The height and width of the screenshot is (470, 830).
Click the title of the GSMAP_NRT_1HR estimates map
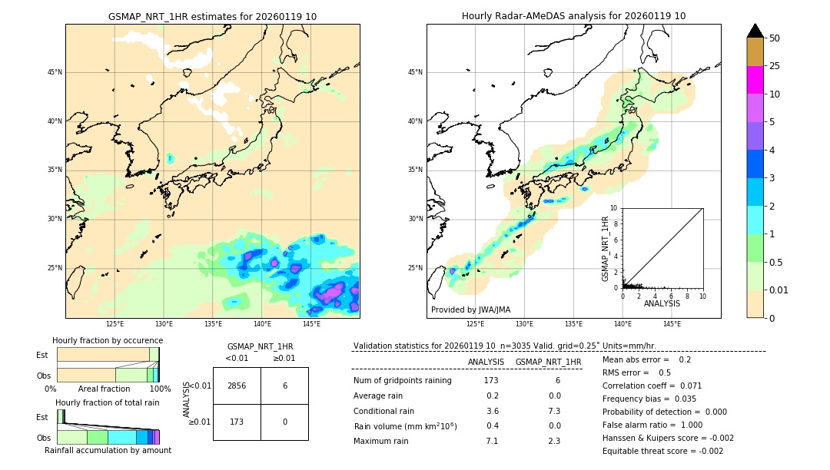click(x=212, y=16)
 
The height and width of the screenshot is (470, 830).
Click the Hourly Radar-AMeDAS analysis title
click(x=573, y=16)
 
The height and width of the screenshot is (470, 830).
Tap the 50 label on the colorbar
click(x=775, y=38)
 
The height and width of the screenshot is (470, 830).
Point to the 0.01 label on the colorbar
click(x=779, y=290)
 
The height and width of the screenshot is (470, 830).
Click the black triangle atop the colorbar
click(x=755, y=31)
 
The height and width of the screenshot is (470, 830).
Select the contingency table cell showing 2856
click(x=237, y=386)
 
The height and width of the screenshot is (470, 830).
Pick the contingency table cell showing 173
click(x=237, y=422)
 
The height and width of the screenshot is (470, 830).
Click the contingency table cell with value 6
click(x=284, y=386)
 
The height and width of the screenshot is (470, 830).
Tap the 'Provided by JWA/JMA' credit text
click(x=470, y=309)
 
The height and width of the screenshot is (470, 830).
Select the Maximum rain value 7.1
click(x=492, y=441)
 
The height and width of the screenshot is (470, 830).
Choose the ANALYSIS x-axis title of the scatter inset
click(x=662, y=303)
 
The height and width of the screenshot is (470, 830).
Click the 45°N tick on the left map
click(x=55, y=72)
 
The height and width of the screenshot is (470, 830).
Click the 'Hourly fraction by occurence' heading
click(x=108, y=340)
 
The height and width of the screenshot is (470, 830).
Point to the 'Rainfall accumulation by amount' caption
click(x=108, y=450)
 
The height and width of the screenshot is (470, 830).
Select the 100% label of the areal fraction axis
click(x=160, y=389)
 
